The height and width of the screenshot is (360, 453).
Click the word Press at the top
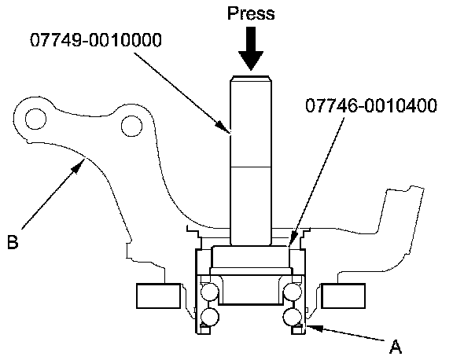251,14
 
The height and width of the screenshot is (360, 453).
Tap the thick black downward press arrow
251,48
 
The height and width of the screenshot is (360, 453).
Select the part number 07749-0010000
96,40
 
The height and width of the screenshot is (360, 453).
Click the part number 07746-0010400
371,105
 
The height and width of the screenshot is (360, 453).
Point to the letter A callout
396,346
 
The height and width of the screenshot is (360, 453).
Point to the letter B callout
13,242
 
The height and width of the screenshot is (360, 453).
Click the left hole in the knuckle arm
35,119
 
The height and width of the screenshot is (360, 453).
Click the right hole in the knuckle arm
132,127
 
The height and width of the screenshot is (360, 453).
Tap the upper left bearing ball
210,292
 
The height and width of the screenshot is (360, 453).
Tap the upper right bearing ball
292,292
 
